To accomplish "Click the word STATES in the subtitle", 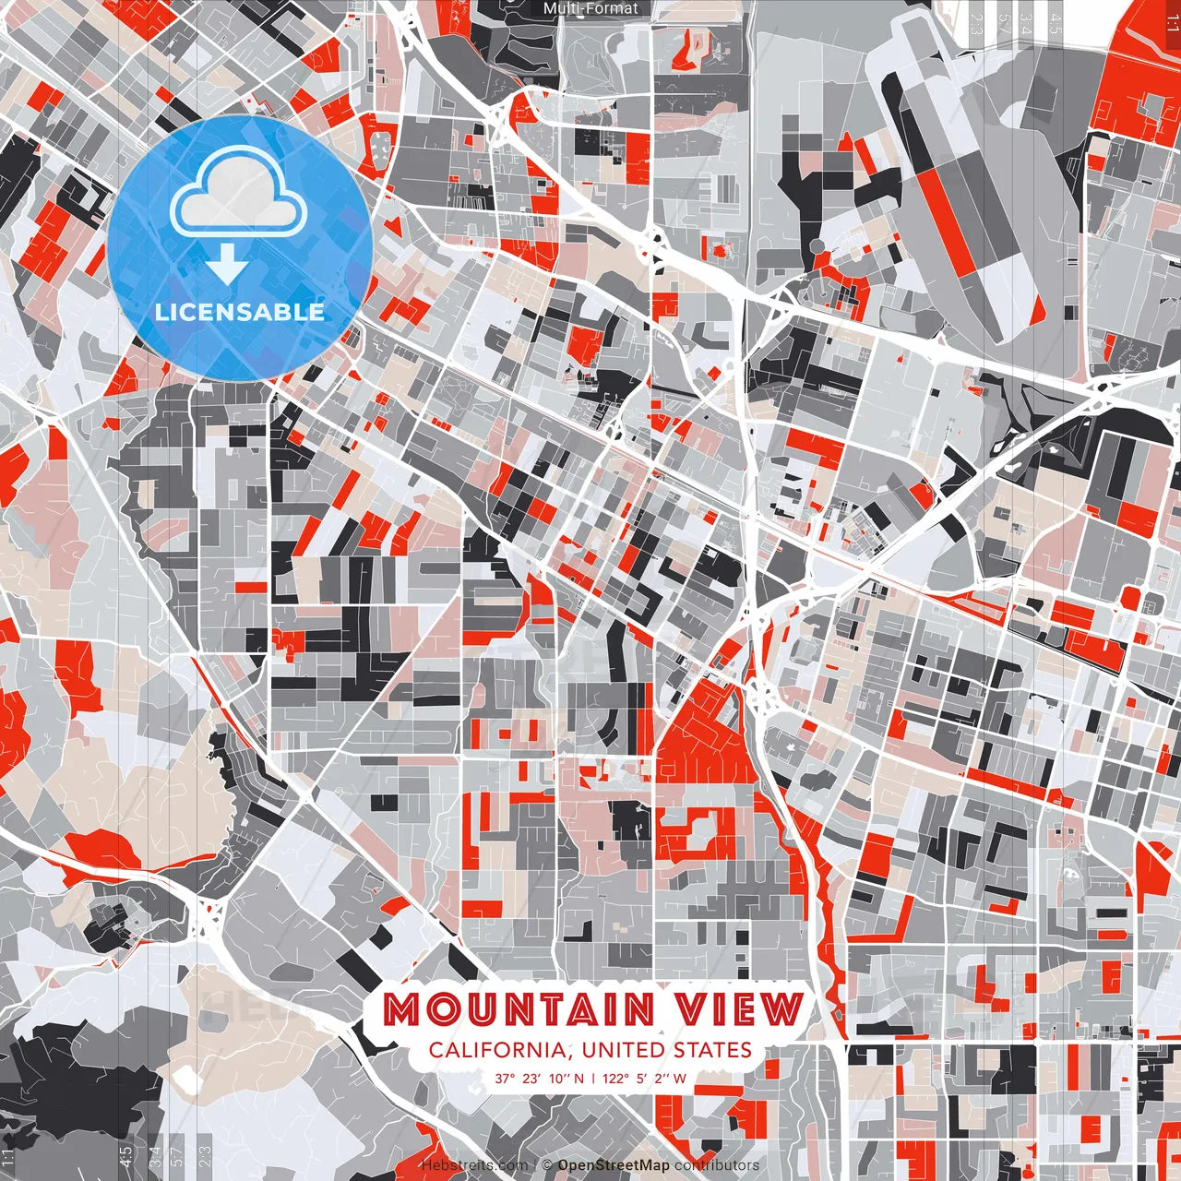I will (711, 1050).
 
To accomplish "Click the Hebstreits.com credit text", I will (474, 1165).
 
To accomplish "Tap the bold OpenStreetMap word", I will (614, 1165).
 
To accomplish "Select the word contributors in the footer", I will (717, 1165).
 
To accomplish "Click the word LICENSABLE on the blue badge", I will (240, 312).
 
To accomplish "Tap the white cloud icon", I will (239, 192).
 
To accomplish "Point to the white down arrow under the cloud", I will (227, 265).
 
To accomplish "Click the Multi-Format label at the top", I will (590, 8).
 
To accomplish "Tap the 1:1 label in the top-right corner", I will (1171, 22).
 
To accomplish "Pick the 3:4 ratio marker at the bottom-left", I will (155, 1156).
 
